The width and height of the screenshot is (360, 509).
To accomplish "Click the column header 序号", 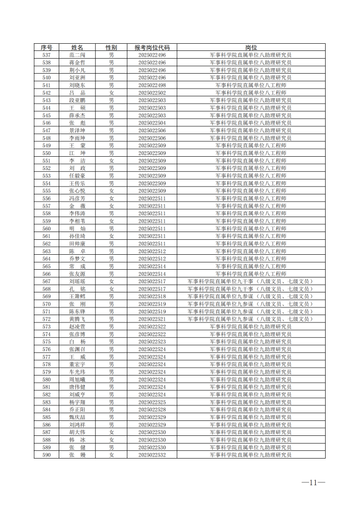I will [47, 48].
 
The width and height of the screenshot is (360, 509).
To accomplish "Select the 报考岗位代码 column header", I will [152, 48].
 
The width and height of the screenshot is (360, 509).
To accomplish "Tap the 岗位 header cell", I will [251, 48].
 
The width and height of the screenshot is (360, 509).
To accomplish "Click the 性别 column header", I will [111, 48].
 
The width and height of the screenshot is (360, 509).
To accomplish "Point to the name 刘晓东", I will [78, 86].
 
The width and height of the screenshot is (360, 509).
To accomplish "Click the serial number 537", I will [47, 56].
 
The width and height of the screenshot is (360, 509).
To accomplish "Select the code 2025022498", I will [152, 86].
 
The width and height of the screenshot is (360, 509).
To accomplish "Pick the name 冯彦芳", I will [78, 198].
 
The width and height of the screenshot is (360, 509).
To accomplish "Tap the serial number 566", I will [47, 274].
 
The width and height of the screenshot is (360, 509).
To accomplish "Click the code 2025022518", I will [152, 296].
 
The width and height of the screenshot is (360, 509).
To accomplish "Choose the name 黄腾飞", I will [78, 319].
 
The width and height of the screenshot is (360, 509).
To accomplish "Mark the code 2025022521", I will [152, 319].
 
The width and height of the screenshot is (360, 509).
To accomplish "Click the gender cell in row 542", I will [111, 93].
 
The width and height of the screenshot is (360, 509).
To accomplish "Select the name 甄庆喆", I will [78, 417].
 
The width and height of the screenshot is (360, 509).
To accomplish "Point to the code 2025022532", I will [152, 455].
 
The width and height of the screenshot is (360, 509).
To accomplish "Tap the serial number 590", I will [47, 455].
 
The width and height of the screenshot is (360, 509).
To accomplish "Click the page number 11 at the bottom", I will [313, 482].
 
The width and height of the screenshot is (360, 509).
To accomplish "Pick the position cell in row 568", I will [251, 289].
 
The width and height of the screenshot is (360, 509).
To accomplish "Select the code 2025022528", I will [152, 409].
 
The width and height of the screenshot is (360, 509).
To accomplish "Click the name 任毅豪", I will [78, 176].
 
